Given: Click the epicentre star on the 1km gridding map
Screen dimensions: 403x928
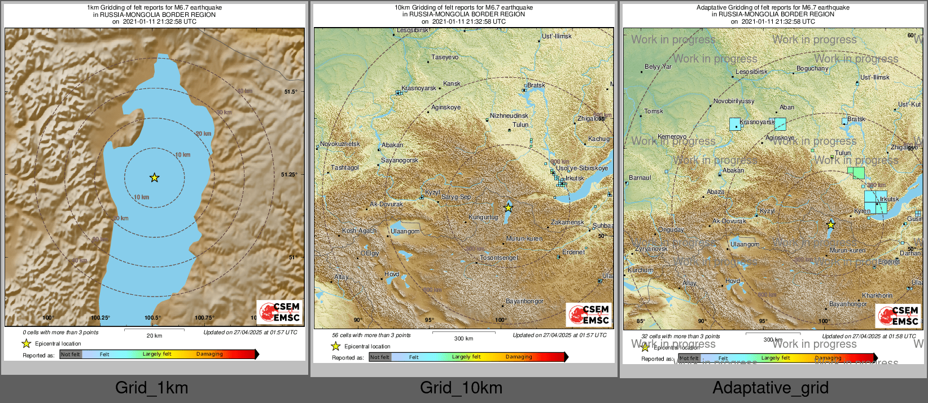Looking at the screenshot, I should [154, 178].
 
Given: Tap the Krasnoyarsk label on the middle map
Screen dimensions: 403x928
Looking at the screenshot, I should [418, 88].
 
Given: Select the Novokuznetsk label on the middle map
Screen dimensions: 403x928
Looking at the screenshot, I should [340, 144].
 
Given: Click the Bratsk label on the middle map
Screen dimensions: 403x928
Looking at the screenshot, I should [536, 86].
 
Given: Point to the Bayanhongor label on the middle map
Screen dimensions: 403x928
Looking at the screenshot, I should [524, 302].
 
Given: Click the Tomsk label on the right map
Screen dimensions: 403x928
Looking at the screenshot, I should [654, 112].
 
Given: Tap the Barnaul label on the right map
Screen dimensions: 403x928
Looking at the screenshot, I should [640, 178].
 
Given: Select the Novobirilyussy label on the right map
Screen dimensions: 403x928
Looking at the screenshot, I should [734, 101].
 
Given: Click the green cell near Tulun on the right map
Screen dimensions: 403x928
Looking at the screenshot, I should [856, 172].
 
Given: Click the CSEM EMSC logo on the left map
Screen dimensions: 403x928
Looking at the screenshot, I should [280, 312].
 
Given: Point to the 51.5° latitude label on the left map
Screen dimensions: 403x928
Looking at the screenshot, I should [290, 92].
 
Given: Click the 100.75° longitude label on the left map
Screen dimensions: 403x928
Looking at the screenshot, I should [204, 318].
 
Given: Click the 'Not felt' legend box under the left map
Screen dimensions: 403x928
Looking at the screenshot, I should [71, 355].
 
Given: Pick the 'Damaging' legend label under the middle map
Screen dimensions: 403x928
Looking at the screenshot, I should [518, 357].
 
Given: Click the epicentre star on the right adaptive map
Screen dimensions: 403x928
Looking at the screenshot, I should [831, 224].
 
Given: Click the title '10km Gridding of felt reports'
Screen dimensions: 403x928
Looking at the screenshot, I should [463, 8].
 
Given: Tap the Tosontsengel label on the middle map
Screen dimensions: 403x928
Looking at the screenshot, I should [498, 258].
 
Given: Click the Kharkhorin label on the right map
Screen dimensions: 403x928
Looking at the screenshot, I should [877, 296].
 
